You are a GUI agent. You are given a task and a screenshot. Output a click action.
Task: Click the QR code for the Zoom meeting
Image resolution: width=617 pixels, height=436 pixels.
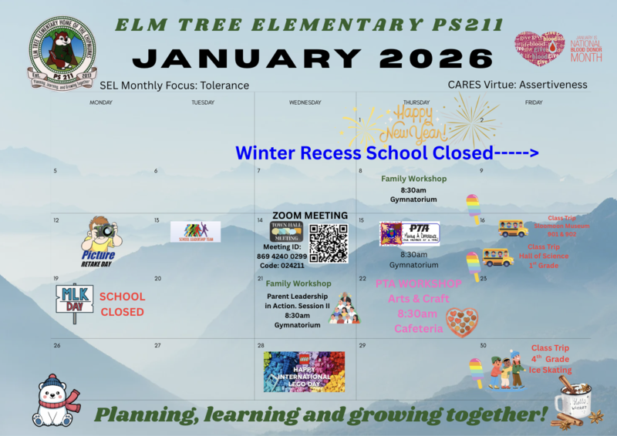point(329,243)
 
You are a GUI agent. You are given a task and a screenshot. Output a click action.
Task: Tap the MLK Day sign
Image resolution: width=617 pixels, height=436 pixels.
point(74,299)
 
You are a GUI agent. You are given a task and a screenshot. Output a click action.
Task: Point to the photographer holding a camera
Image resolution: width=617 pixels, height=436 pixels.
point(100,233)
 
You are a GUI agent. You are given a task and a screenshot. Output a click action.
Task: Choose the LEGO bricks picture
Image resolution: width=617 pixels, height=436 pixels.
point(304,372)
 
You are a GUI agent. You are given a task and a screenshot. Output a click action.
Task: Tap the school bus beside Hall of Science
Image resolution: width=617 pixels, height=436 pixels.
point(497,257)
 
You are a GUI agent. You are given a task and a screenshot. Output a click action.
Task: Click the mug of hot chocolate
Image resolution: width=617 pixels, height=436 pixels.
point(572,400)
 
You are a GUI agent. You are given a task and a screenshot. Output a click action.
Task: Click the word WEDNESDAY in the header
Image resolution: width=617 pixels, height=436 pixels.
point(305,102)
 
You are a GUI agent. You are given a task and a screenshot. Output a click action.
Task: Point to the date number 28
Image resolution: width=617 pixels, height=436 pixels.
point(261,346)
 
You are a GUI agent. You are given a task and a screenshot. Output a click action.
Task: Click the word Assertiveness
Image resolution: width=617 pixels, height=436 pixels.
point(551,85)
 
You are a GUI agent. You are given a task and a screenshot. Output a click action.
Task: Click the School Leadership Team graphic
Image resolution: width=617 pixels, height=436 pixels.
point(195,231)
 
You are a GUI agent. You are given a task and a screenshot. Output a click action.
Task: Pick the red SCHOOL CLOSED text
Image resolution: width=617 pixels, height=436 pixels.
point(122,304)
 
